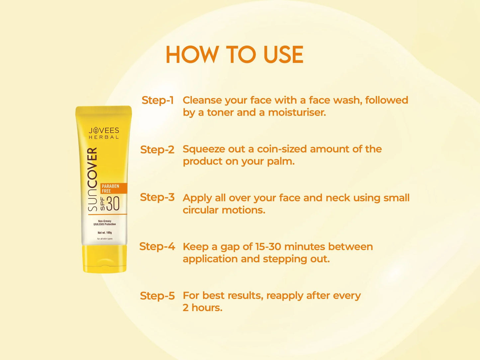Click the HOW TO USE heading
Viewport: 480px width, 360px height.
pyautogui.click(x=234, y=55)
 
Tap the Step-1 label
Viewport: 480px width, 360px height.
pyautogui.click(x=157, y=100)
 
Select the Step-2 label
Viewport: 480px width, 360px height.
pyautogui.click(x=157, y=149)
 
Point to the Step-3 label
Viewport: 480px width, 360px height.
pyautogui.click(x=157, y=197)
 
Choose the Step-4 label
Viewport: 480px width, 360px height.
pyautogui.click(x=157, y=246)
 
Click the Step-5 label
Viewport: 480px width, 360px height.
pyautogui.click(x=157, y=296)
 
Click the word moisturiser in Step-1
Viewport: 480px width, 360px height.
pyautogui.click(x=297, y=113)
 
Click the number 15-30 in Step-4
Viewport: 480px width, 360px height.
pyautogui.click(x=268, y=247)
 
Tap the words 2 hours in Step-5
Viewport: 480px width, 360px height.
pyautogui.click(x=202, y=308)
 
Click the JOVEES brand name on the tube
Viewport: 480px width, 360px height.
pyautogui.click(x=104, y=131)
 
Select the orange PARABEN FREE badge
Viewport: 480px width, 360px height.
pyautogui.click(x=114, y=188)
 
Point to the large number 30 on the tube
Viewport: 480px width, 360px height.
pyautogui.click(x=113, y=204)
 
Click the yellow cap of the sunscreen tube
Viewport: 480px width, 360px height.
pyautogui.click(x=105, y=259)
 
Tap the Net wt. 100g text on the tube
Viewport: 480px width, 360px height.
pyautogui.click(x=105, y=233)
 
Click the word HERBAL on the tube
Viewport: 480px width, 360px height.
pyautogui.click(x=104, y=137)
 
